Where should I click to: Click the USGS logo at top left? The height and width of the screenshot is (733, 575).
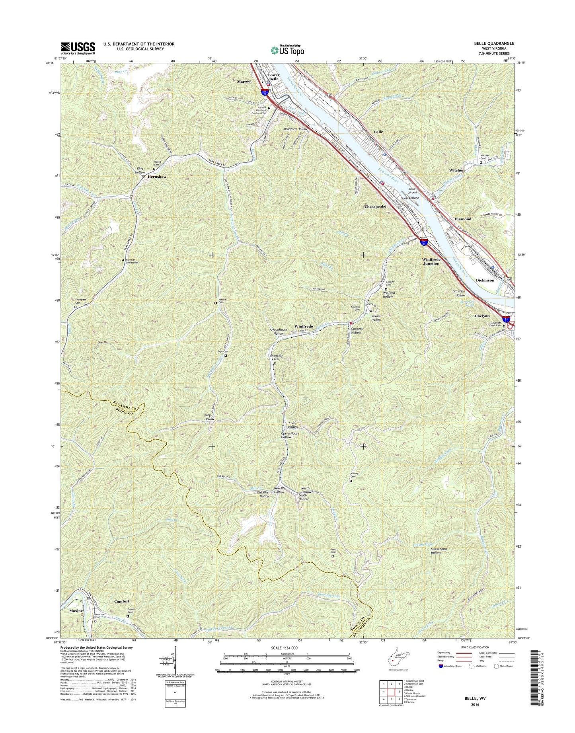tap(78, 48)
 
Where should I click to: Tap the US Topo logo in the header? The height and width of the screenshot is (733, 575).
tap(287, 50)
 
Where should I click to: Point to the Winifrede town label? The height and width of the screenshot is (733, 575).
tap(303, 326)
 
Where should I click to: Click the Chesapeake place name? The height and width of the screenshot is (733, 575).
tap(375, 207)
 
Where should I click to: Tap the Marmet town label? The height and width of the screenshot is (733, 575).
tap(244, 81)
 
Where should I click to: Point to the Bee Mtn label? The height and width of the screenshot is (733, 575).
tap(103, 342)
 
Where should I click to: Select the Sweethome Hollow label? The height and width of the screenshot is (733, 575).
tap(439, 551)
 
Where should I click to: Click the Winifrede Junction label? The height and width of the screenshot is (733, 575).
tap(431, 261)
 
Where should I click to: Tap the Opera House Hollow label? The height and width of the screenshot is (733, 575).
tap(290, 435)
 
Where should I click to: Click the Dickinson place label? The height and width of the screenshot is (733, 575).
tap(485, 280)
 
